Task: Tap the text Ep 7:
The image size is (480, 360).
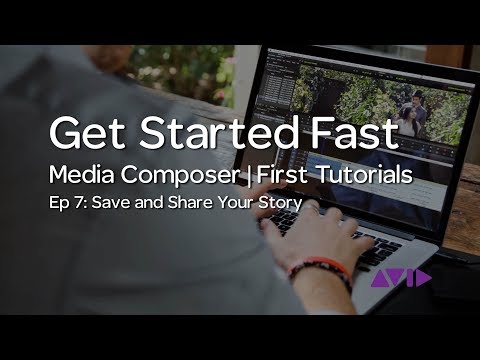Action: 68,204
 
